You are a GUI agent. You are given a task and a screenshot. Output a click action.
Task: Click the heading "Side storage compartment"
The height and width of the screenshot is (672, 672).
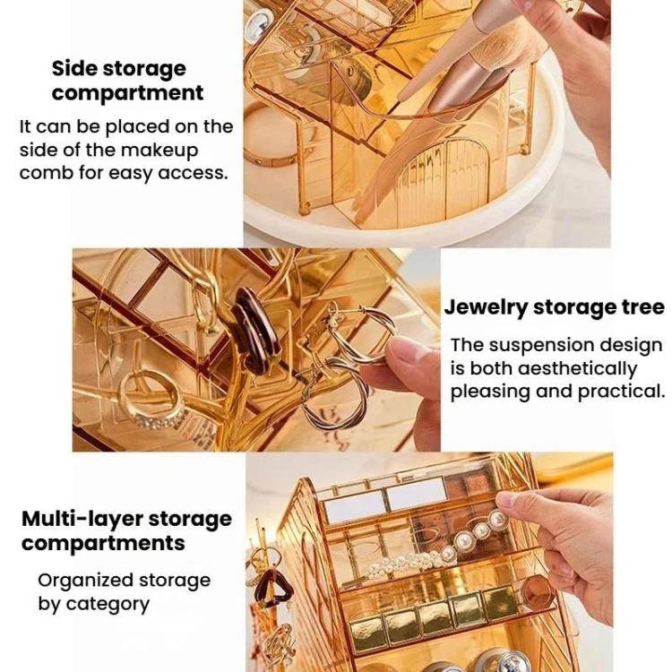pos(127,81)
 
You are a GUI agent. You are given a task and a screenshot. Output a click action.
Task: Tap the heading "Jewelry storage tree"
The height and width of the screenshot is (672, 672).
pos(554,307)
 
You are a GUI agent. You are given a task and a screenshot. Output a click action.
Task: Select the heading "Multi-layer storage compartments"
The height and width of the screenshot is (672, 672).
pos(126,530)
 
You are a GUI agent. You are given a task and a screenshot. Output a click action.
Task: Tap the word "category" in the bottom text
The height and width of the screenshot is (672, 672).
pos(108,605)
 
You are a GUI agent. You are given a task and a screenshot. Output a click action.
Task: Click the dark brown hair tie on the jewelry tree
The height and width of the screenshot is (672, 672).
pos(255,331)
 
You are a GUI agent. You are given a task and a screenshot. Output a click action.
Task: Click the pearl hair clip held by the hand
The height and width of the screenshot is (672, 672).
pos(437,547)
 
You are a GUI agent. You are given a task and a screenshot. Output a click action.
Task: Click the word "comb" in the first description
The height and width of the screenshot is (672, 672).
pos(46,174)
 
